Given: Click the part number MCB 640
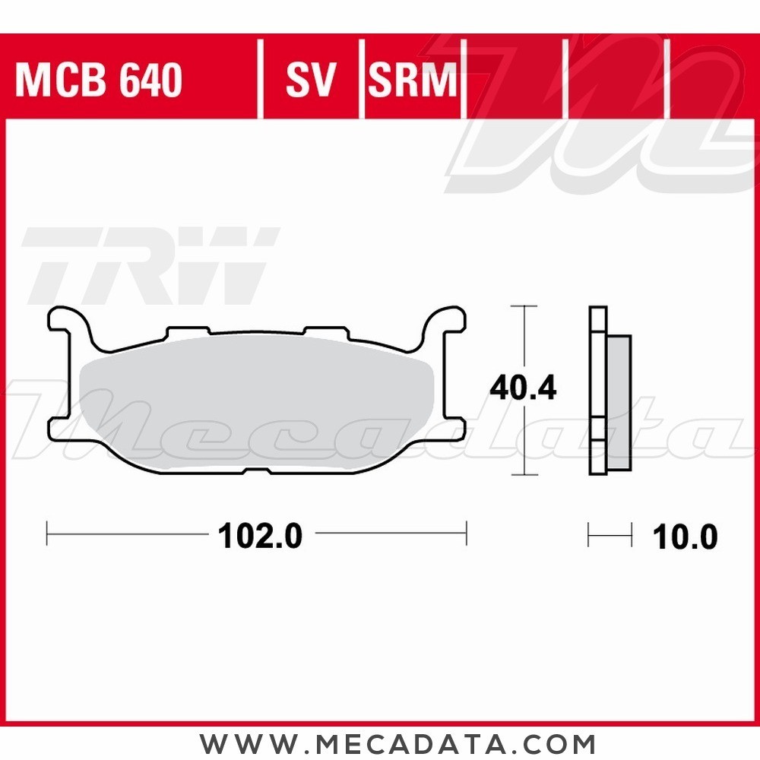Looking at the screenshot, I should click(99, 80).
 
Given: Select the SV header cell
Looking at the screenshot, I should click(310, 80).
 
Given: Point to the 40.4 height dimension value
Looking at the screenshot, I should click(523, 388).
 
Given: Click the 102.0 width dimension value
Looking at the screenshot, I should click(260, 537).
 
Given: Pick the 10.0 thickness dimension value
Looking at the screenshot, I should click(684, 537).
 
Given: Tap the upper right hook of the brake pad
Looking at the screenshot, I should click(445, 319).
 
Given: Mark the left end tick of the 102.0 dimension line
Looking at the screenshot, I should click(47, 534).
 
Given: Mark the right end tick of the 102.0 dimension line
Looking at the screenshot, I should click(466, 534).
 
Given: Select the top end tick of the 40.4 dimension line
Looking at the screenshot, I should click(523, 306).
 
